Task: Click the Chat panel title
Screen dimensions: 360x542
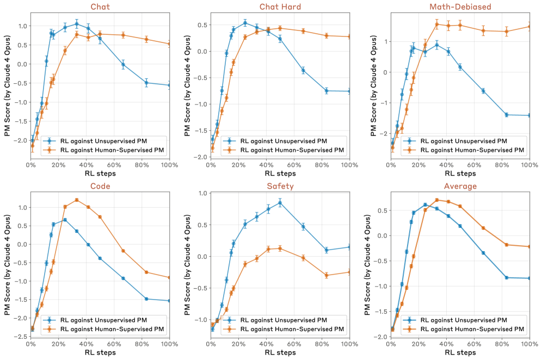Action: (x=100, y=6)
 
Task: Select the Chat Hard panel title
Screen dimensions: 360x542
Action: (x=280, y=6)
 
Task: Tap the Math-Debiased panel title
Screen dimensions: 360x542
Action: (x=460, y=6)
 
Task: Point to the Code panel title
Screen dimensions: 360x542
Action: (x=100, y=186)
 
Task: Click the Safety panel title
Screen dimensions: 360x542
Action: (x=280, y=186)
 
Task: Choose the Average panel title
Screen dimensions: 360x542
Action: (x=460, y=186)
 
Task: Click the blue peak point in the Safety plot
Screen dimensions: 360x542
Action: (x=280, y=203)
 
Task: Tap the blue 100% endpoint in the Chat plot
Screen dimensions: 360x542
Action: (x=169, y=85)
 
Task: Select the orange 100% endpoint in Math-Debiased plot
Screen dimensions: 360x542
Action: (x=529, y=27)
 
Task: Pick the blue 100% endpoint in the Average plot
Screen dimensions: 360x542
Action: (x=529, y=278)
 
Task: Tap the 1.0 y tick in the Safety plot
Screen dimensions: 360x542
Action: (x=202, y=193)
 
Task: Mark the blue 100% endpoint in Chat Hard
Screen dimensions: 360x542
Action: (x=349, y=91)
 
